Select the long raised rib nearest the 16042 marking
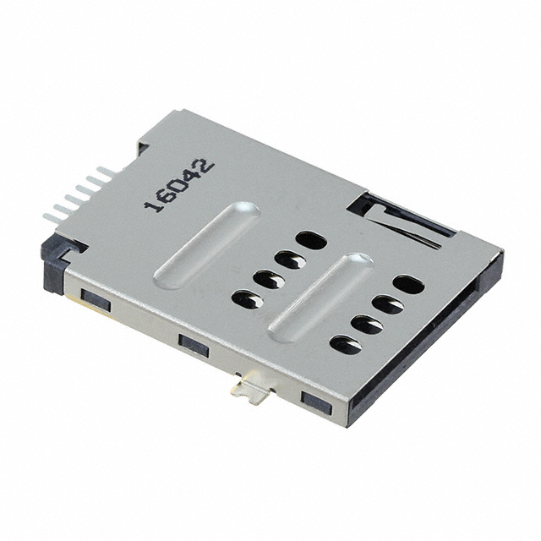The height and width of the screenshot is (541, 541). point(207,245)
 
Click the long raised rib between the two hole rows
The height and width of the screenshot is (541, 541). point(321,298)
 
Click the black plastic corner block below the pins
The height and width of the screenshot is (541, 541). point(54,261)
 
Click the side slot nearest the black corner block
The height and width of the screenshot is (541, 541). point(96,299)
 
